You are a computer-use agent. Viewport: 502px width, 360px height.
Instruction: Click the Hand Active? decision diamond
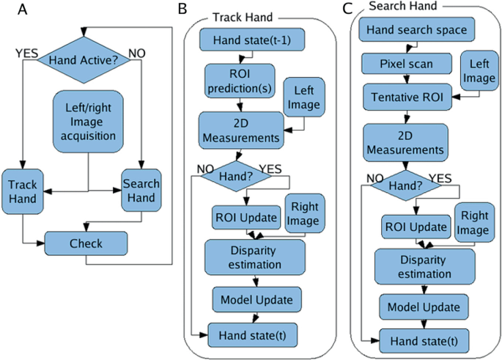[84, 60]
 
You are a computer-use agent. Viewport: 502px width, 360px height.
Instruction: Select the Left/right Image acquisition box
[88, 122]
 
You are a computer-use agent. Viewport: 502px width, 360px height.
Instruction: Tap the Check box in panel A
[86, 243]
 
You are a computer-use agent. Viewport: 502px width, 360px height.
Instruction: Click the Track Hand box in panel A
[23, 191]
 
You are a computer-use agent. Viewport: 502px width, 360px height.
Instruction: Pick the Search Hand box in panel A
[141, 190]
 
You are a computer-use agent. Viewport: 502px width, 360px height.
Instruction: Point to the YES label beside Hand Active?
[26, 54]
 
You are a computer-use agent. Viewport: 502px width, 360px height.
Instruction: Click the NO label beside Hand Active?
[137, 54]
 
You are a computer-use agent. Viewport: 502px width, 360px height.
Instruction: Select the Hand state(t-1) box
[252, 40]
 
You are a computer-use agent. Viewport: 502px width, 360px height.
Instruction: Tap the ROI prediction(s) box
[240, 81]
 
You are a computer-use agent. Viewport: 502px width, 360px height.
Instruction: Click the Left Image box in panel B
[304, 97]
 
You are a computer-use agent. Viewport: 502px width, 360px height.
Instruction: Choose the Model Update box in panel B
[256, 300]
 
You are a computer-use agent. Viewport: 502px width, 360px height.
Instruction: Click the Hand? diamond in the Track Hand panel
[236, 176]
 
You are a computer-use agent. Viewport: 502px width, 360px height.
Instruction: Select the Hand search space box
[416, 29]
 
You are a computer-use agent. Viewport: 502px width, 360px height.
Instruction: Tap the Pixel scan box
[407, 63]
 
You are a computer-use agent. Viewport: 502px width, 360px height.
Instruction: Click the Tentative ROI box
[407, 97]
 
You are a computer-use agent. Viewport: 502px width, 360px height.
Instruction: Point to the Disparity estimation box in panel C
[425, 266]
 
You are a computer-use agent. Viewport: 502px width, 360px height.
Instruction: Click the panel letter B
[182, 9]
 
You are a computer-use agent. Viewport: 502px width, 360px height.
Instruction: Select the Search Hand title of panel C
[403, 6]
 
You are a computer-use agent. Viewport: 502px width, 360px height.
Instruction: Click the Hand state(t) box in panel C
[424, 341]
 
